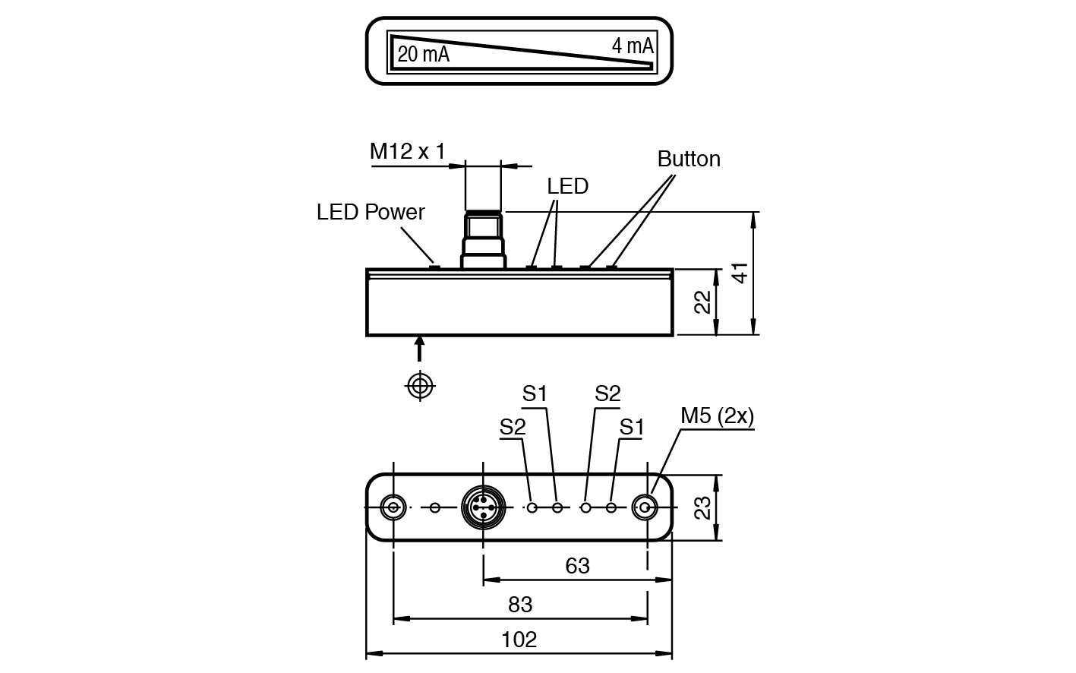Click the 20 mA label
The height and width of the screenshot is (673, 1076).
423,55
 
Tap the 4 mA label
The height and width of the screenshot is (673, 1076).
632,46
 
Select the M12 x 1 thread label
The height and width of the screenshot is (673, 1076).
407,152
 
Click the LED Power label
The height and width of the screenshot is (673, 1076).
371,212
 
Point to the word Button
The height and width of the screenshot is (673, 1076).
689,159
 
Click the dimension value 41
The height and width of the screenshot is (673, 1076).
740,273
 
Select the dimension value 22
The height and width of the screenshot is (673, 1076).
703,302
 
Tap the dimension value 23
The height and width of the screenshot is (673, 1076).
703,507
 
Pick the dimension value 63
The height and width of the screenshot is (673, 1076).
577,566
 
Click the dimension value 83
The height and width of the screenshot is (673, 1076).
520,605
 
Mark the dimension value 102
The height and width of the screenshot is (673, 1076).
519,640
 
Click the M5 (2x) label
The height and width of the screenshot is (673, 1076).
717,415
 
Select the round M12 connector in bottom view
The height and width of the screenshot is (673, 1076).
481,507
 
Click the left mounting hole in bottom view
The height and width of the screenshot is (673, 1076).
393,507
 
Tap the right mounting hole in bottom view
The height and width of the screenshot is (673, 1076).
646,507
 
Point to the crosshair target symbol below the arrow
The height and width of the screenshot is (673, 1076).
420,385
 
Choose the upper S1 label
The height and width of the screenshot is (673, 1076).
535,393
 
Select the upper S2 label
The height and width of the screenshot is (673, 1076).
607,393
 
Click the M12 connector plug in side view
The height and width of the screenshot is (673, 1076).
483,238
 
